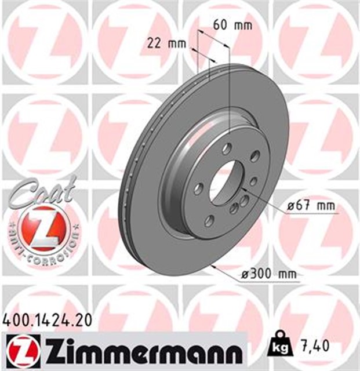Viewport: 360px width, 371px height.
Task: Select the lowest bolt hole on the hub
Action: tap(209, 219)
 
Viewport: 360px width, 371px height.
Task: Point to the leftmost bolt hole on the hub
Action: tap(198, 188)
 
